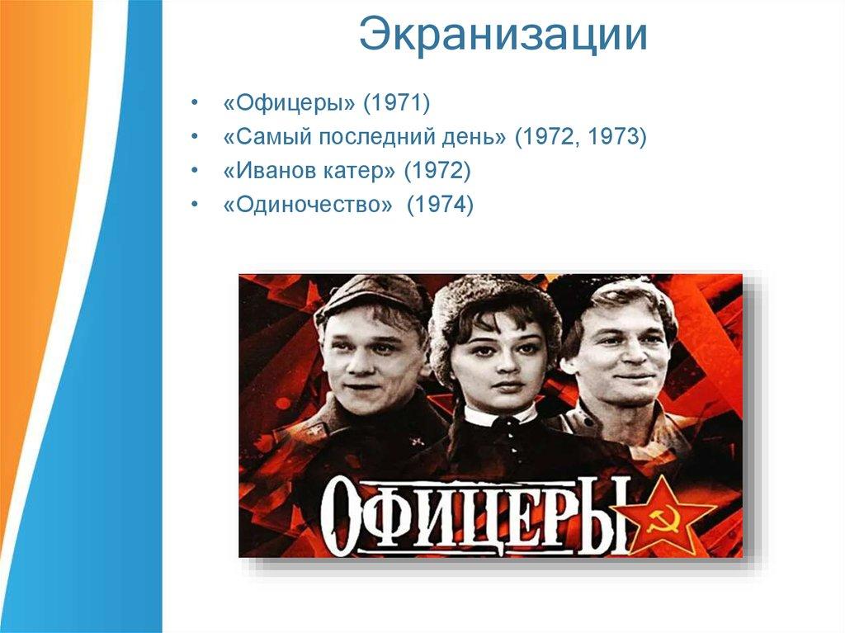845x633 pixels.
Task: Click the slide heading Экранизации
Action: pyautogui.click(x=503, y=35)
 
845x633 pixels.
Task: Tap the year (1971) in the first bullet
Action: pyautogui.click(x=397, y=103)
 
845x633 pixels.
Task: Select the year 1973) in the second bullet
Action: pyautogui.click(x=616, y=136)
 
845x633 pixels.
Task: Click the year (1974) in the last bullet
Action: pyautogui.click(x=440, y=205)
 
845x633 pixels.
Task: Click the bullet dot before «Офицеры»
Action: pyautogui.click(x=195, y=103)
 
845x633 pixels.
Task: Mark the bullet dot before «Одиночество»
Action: pyautogui.click(x=195, y=205)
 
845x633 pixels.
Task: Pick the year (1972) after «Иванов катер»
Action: pyautogui.click(x=437, y=171)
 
